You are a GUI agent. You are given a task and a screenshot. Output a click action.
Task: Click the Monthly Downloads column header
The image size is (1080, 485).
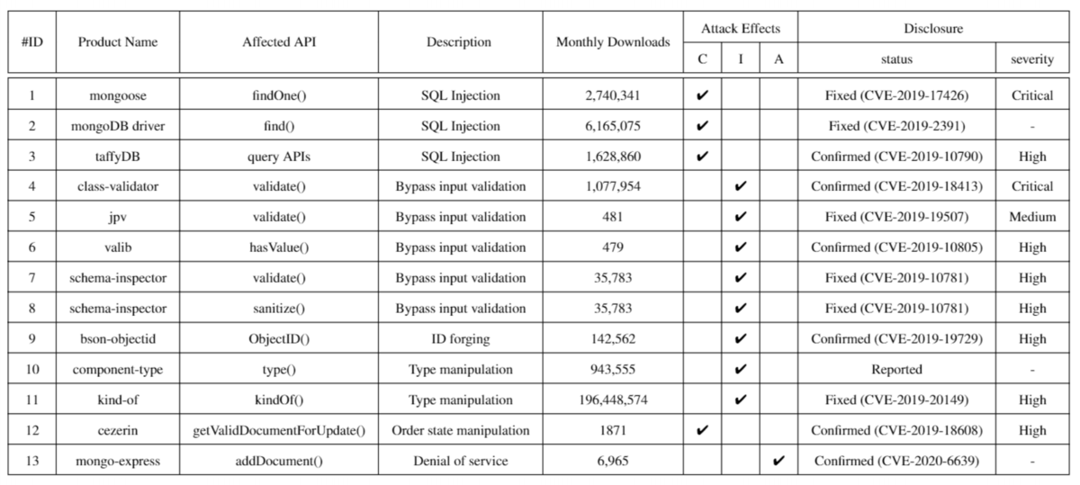coord(613,42)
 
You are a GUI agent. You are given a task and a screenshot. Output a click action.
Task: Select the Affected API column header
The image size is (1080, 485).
coord(279,42)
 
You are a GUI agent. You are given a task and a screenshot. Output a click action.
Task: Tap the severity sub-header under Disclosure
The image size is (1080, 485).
coord(1031,59)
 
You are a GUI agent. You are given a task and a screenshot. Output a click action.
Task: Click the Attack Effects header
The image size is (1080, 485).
coord(741,29)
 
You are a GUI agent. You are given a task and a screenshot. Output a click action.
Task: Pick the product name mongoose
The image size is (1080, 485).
coord(117,95)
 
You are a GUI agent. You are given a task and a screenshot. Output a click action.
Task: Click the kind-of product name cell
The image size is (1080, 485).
coord(117,400)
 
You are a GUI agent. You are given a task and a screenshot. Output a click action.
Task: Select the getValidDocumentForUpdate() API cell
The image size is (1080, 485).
coord(279,431)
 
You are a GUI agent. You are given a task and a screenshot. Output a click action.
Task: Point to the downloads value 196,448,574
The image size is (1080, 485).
coord(613,400)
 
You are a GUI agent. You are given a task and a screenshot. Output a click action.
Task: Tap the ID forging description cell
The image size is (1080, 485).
coord(459,339)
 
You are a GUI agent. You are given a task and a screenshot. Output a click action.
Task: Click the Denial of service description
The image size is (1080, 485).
coord(459,462)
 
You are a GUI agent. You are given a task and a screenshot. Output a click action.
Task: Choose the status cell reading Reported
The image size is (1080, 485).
coord(896,370)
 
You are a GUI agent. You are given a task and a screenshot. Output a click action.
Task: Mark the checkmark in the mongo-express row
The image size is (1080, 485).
coord(778,462)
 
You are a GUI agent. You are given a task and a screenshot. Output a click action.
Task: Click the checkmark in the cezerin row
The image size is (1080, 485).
coord(703,431)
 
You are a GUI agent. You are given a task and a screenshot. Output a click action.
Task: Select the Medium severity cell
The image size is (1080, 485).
coord(1031,217)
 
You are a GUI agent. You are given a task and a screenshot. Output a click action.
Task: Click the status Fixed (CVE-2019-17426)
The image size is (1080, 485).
coord(896,95)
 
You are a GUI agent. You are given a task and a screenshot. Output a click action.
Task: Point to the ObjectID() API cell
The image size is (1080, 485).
coord(279,339)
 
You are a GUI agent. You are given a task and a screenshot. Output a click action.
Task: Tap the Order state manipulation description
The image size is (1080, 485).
coord(459,431)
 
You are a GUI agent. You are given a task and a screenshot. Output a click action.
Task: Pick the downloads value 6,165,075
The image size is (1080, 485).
coord(613,126)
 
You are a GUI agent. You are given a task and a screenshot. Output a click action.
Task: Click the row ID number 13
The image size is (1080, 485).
coord(32,462)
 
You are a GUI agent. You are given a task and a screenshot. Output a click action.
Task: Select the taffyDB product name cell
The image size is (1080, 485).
coord(117,157)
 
